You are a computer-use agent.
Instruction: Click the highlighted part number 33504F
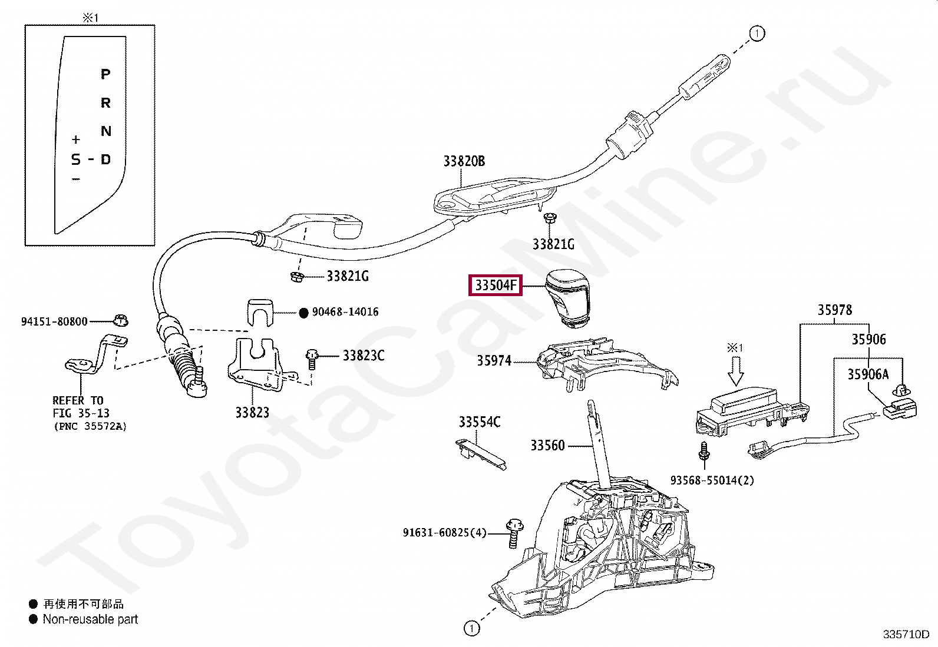point(496,286)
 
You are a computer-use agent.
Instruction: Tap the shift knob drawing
point(567,297)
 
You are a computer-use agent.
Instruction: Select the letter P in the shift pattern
point(105,74)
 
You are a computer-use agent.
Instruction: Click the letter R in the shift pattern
point(105,103)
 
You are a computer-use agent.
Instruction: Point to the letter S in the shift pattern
point(75,160)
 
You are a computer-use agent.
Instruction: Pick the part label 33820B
point(464,161)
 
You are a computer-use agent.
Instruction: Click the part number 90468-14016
point(345,312)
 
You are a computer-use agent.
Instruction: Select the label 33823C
point(364,356)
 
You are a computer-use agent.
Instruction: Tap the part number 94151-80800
point(54,321)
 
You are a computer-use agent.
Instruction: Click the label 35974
point(494,361)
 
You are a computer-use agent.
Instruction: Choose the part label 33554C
point(480,422)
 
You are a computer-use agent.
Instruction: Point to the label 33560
point(547,446)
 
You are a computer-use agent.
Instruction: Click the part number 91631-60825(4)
point(445,533)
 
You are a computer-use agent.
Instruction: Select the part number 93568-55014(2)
point(712,480)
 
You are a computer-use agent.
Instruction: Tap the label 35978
point(834,310)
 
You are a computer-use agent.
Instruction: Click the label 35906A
point(868,374)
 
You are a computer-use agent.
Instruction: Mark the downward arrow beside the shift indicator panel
point(735,371)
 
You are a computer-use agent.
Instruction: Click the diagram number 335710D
point(906,634)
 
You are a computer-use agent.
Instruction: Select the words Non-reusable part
point(90,619)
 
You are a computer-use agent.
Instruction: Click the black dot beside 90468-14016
point(303,313)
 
